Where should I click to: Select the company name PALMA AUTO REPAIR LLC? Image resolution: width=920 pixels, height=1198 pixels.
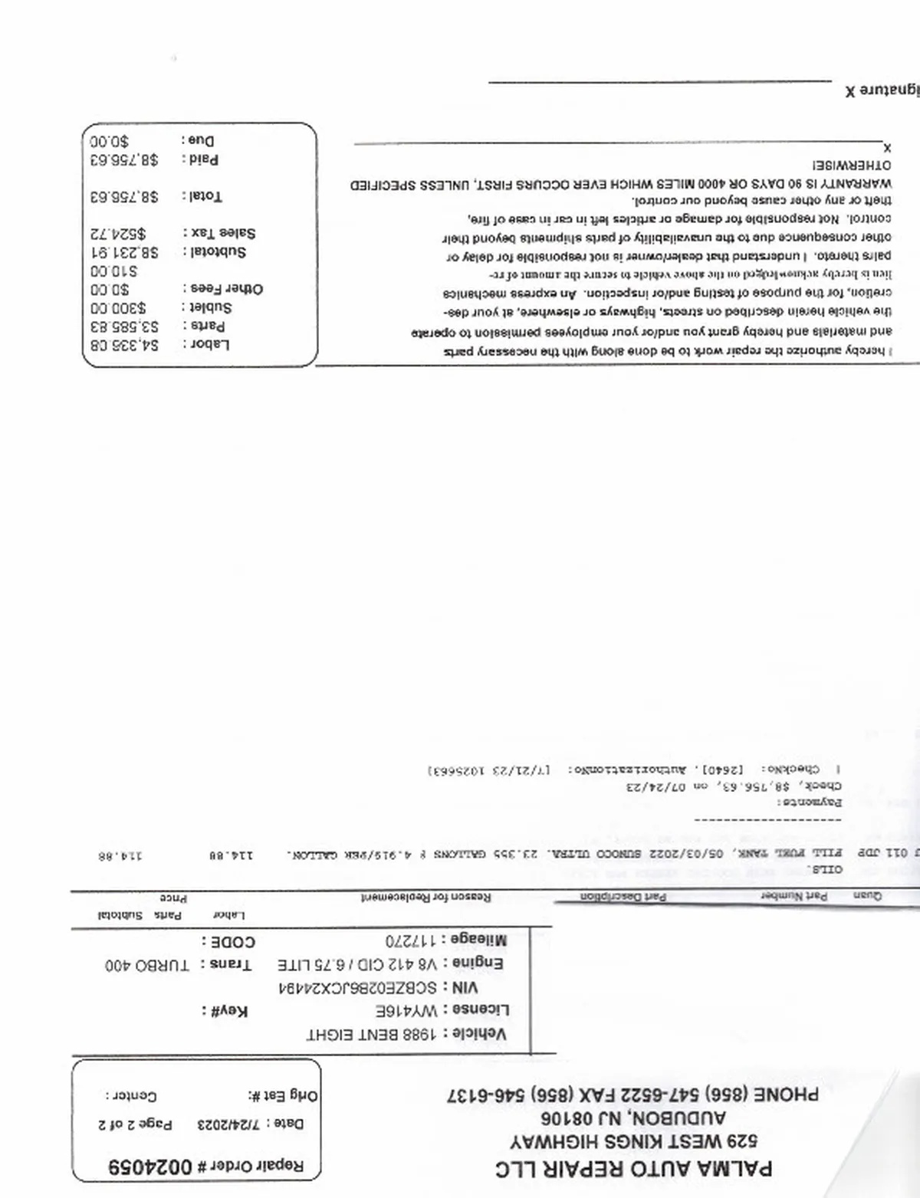tap(633, 1169)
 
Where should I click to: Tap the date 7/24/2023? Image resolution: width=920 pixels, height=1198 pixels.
tap(219, 1124)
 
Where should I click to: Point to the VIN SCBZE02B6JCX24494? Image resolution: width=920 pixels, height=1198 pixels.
tap(359, 987)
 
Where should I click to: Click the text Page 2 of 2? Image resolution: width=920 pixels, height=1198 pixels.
tap(135, 1124)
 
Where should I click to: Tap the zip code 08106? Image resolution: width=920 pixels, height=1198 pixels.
tap(563, 1118)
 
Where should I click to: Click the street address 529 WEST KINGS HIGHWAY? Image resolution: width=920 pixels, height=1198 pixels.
tap(633, 1141)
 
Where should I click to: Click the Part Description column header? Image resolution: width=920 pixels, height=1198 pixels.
tap(622, 897)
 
